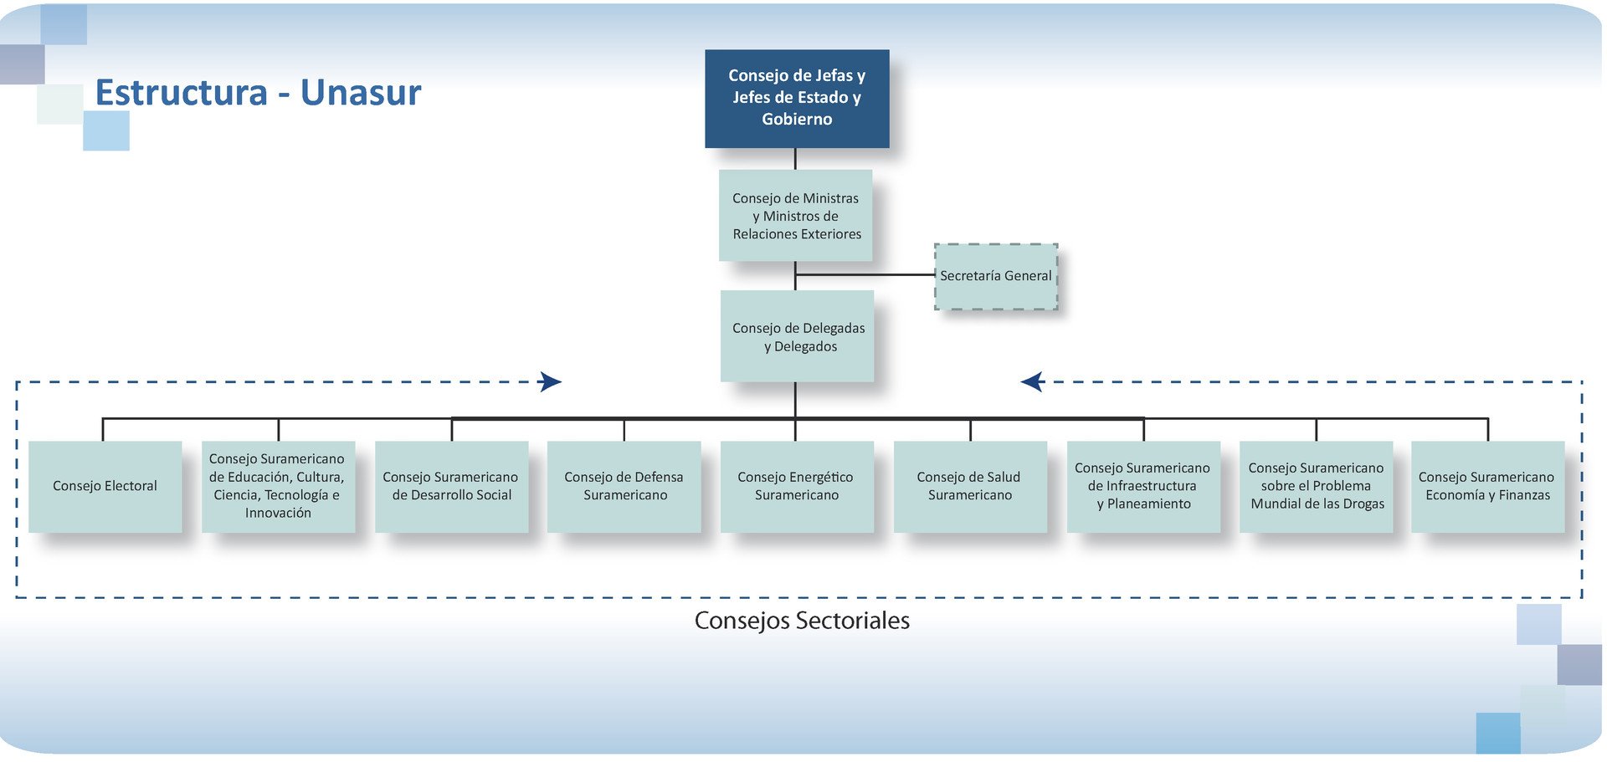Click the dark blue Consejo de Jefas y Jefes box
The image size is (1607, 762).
(796, 98)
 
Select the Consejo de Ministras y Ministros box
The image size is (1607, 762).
(795, 215)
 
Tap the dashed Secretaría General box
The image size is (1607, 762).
(995, 276)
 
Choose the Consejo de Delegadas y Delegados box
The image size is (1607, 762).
(797, 336)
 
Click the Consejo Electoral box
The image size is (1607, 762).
(105, 486)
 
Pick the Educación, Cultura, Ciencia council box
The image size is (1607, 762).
(278, 486)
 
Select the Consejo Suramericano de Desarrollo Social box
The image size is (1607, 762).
(451, 486)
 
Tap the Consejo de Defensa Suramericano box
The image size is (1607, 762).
(624, 486)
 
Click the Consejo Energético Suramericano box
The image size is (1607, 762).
(796, 486)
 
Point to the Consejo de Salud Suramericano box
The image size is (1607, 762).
(969, 486)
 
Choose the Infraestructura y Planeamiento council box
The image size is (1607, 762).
(1142, 486)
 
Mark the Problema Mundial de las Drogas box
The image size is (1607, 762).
(1316, 486)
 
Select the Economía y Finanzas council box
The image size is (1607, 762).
(1487, 486)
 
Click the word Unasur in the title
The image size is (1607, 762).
(361, 93)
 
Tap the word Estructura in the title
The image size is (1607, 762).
(181, 93)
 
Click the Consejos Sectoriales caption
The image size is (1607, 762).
(802, 621)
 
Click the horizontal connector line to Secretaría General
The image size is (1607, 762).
(865, 274)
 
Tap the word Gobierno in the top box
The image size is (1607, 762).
(797, 120)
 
